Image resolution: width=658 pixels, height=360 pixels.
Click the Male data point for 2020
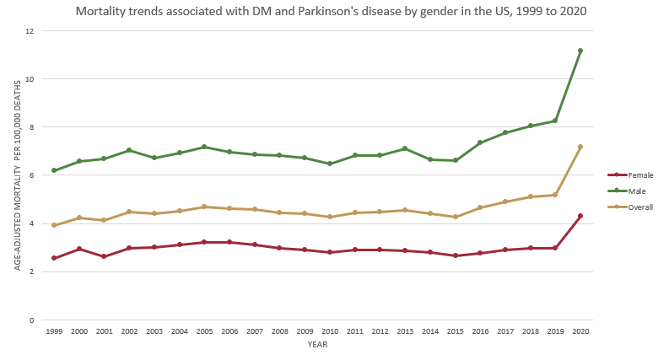coord(580,51)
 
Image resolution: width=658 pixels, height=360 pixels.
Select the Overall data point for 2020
coord(580,147)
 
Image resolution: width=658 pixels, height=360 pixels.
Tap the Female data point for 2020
coord(580,216)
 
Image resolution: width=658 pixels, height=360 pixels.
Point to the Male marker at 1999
coord(54,170)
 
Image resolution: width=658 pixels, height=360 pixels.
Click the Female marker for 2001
coord(104,256)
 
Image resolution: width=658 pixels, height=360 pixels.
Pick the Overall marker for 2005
coord(204,207)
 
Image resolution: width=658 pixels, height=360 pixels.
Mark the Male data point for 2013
coord(405,148)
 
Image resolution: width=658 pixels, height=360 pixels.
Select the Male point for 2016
coord(480,142)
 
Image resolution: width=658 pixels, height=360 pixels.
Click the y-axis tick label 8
coord(31,127)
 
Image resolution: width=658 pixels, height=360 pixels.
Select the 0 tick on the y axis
coord(31,320)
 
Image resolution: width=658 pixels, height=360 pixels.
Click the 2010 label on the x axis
coord(330,332)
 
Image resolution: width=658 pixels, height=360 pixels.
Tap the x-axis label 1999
coord(54,332)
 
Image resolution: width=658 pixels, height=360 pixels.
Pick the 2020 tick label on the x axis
coord(580,332)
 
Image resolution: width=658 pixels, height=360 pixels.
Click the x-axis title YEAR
coord(317,344)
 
